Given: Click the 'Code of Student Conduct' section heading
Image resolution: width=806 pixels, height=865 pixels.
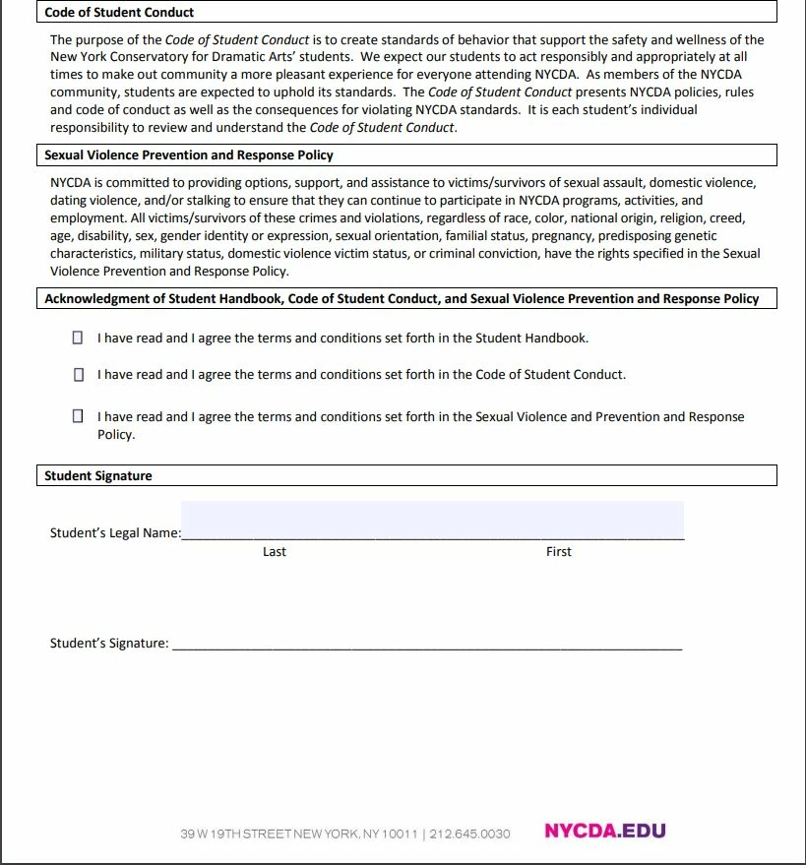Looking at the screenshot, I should [x=119, y=13].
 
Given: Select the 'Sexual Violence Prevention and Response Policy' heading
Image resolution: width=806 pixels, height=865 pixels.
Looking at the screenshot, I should [x=189, y=155].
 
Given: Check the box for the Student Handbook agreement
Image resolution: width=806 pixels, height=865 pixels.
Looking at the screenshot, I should [x=79, y=338].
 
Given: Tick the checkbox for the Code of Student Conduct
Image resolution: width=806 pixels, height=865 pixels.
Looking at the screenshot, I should [x=79, y=375].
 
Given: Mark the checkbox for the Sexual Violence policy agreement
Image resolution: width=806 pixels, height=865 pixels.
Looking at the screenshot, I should [x=79, y=416].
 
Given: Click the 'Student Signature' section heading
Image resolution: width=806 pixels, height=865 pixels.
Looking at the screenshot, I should [x=98, y=476].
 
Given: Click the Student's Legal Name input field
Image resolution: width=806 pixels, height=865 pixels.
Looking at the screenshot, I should [x=432, y=521].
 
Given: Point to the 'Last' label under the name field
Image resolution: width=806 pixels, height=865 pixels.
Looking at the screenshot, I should [x=275, y=552].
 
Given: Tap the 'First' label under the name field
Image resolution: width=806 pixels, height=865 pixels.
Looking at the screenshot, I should [x=559, y=552].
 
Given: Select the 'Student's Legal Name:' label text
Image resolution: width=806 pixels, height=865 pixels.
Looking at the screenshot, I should [x=115, y=533].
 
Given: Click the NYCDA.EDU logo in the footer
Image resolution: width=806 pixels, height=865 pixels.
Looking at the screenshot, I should [x=605, y=832].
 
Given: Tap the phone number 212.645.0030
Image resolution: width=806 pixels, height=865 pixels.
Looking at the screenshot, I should [x=470, y=834].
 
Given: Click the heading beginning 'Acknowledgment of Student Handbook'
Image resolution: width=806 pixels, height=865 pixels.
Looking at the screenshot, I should [x=402, y=298].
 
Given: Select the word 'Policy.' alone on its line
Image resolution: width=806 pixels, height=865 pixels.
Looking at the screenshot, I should [x=116, y=434].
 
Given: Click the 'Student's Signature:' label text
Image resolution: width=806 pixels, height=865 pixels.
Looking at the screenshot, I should [x=109, y=644].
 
